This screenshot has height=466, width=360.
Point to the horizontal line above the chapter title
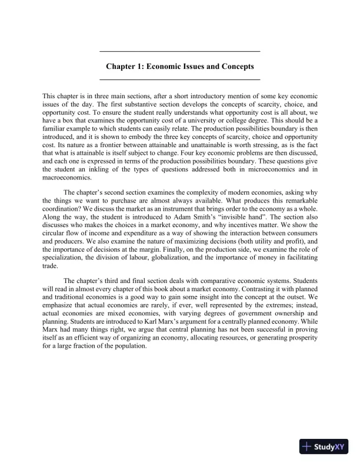tap(180, 52)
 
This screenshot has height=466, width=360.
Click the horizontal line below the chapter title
tap(180, 78)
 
